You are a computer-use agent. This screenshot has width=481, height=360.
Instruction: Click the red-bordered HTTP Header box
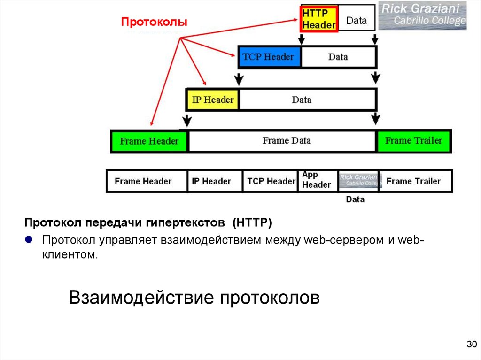click(319, 19)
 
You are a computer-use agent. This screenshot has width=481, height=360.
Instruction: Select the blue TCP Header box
click(269, 57)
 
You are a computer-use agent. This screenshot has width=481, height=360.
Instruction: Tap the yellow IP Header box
click(213, 100)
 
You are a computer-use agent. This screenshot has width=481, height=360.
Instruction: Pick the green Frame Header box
click(149, 141)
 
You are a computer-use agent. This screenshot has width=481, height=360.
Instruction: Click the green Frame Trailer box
click(414, 141)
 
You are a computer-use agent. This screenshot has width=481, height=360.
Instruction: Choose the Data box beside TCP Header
click(338, 57)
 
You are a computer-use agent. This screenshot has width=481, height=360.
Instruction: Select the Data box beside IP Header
click(307, 100)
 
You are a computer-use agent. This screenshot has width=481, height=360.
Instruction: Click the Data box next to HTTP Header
click(357, 20)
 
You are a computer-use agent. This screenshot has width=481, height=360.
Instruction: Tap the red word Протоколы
click(155, 22)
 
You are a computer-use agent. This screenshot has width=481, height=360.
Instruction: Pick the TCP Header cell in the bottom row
click(271, 181)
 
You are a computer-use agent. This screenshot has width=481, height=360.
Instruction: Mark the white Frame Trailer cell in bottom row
click(414, 181)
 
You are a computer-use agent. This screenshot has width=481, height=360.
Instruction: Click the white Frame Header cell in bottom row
click(143, 181)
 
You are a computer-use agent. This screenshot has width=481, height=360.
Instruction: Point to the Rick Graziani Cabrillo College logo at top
click(423, 15)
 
